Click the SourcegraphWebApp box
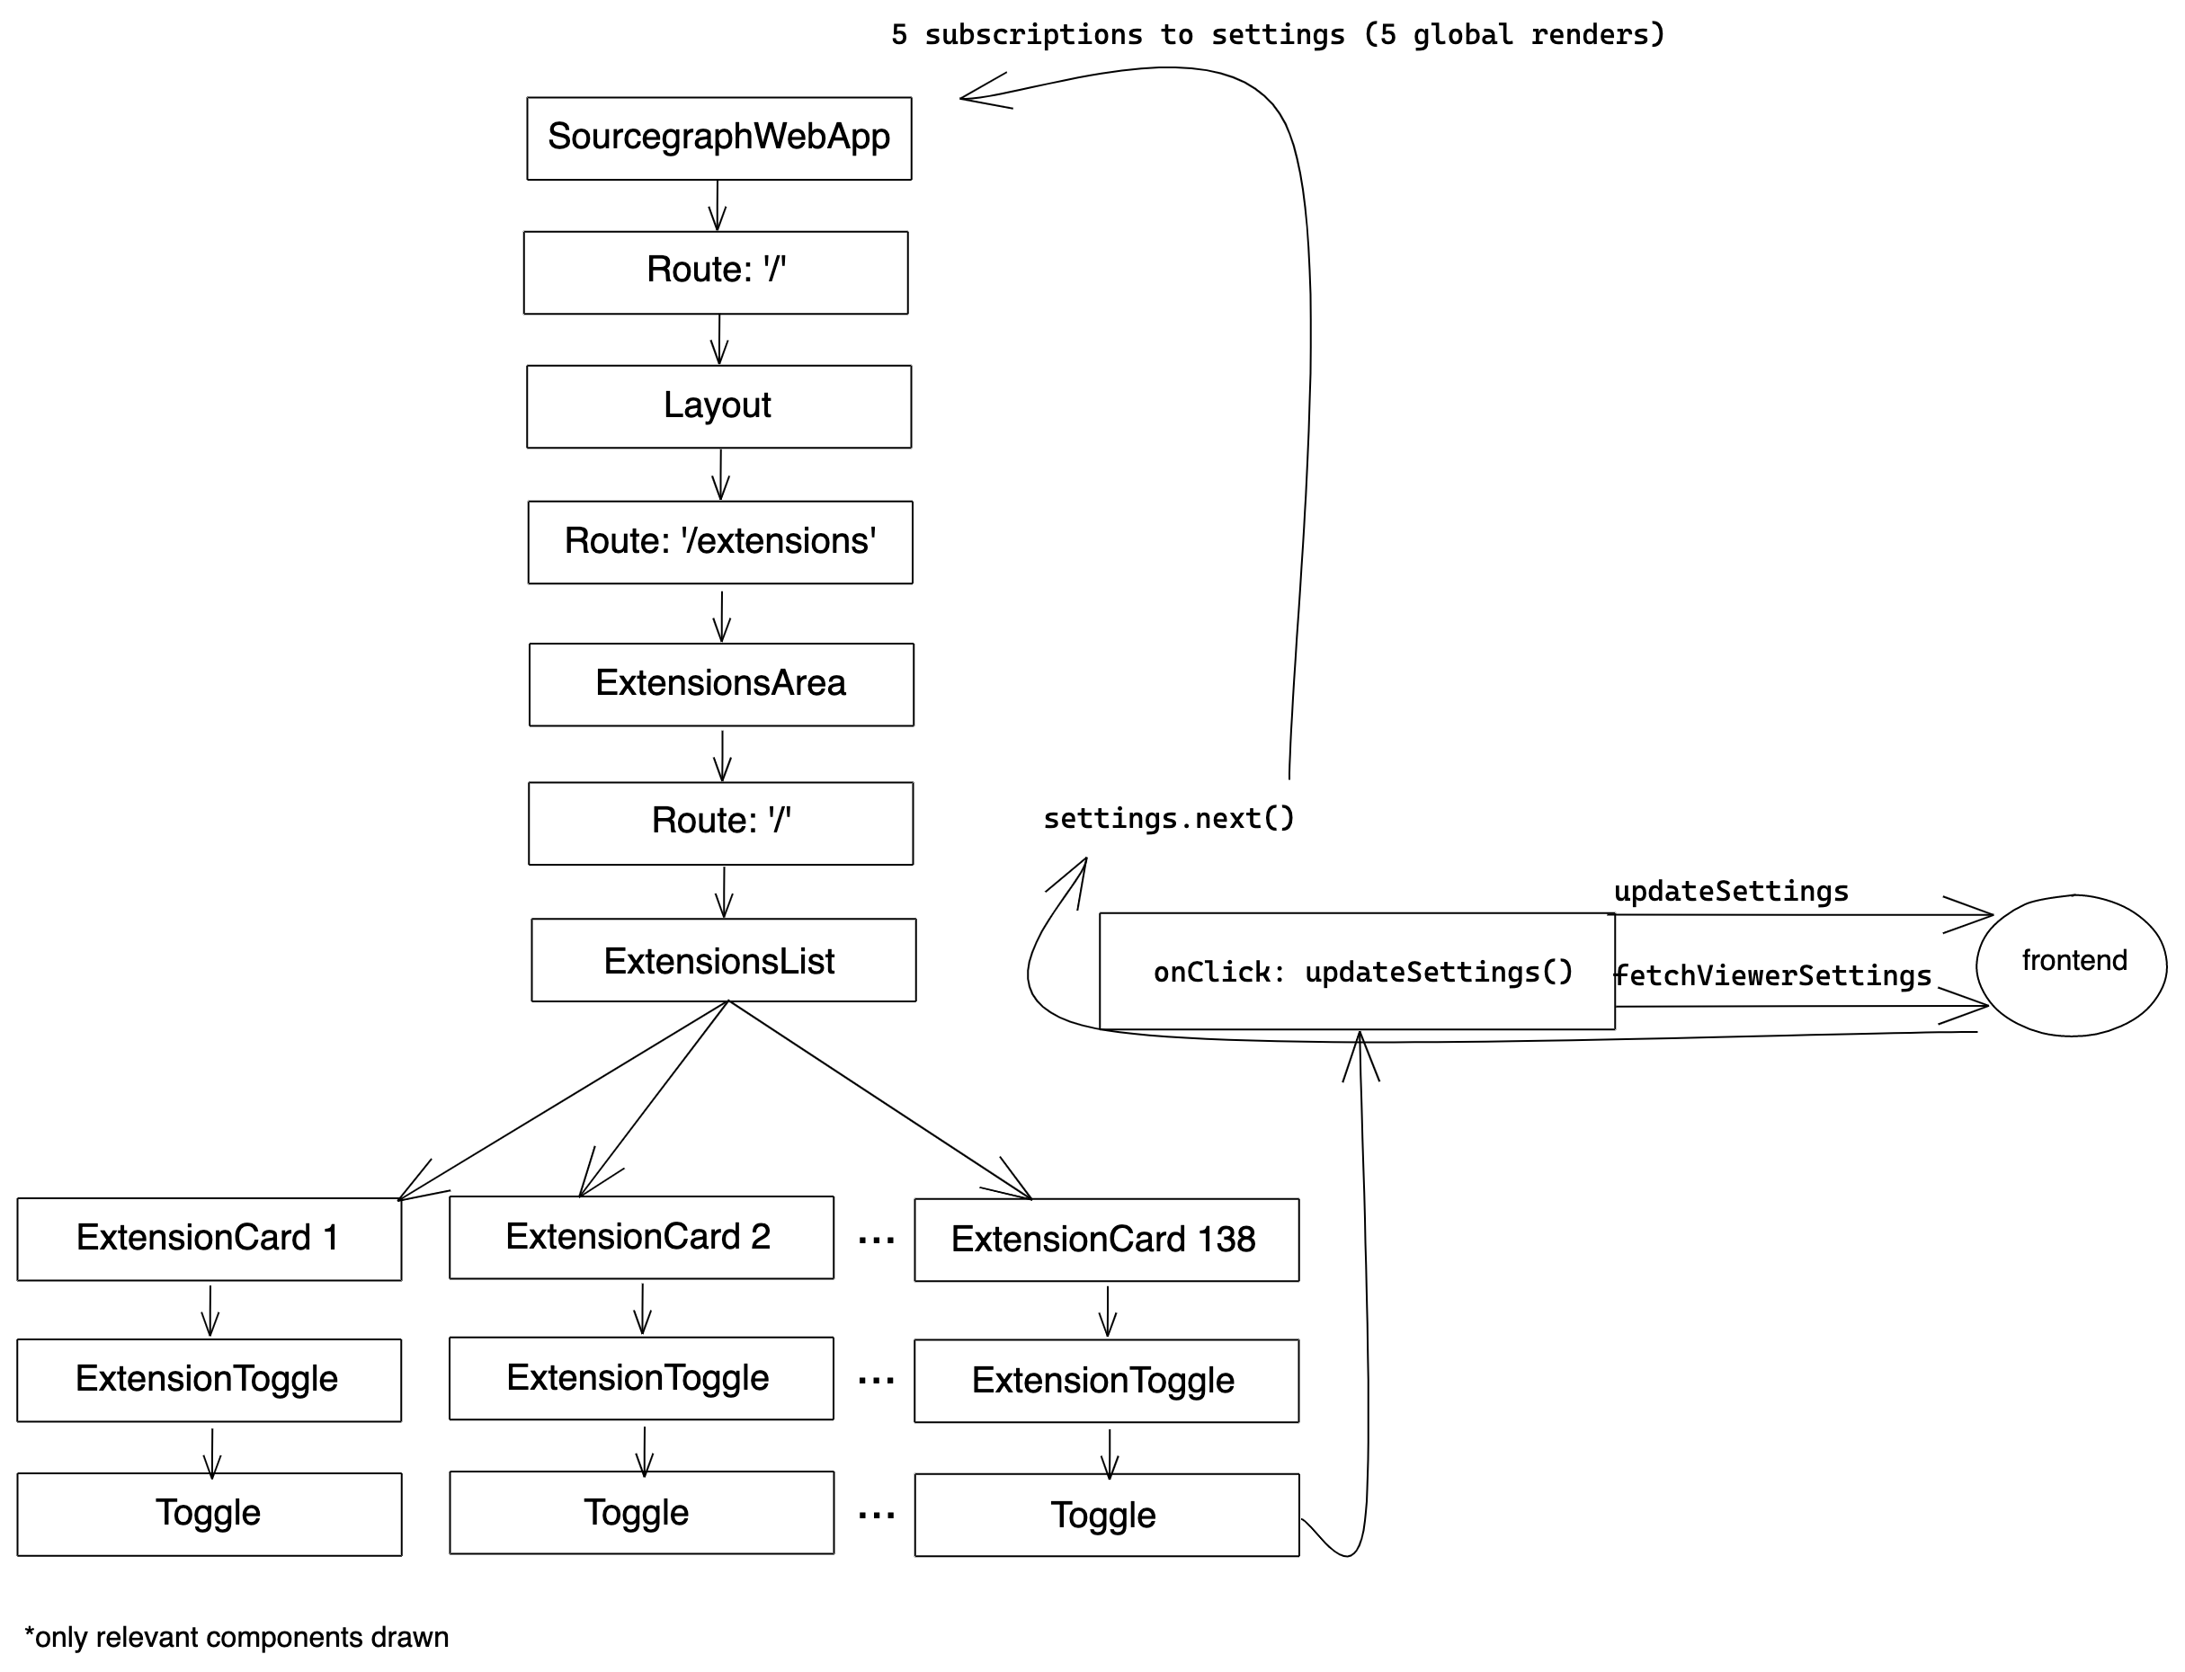pos(718,138)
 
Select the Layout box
pos(718,406)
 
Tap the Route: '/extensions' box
pos(719,541)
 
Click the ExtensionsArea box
pos(721,684)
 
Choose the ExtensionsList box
pos(723,959)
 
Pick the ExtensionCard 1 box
pos(209,1238)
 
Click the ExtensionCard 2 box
pos(641,1237)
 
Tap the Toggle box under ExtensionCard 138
pos(1106,1515)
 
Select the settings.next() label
pos(1168,818)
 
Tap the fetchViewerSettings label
pos(1772,975)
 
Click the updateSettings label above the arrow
pos(1730,891)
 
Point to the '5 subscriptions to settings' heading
pos(1277,35)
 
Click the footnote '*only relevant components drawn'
pos(236,1637)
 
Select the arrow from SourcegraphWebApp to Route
pos(717,205)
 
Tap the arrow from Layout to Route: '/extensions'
pos(719,474)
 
